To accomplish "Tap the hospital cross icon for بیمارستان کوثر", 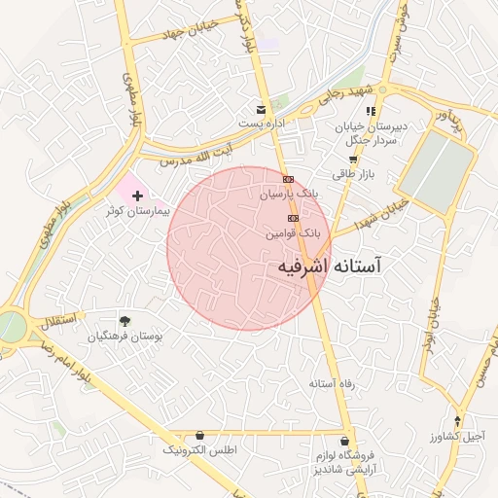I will tap(136, 196).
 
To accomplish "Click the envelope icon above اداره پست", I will tap(260, 109).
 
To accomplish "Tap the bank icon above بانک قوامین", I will tap(293, 218).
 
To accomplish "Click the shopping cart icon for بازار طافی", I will tap(353, 160).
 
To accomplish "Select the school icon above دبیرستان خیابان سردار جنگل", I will tap(371, 112).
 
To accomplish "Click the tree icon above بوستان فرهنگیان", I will tap(124, 321).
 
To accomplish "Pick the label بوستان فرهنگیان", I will tap(124, 337).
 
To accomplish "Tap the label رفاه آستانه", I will tap(333, 384).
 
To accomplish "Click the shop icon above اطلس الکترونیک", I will tap(200, 435).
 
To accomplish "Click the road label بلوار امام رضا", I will tap(71, 355).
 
